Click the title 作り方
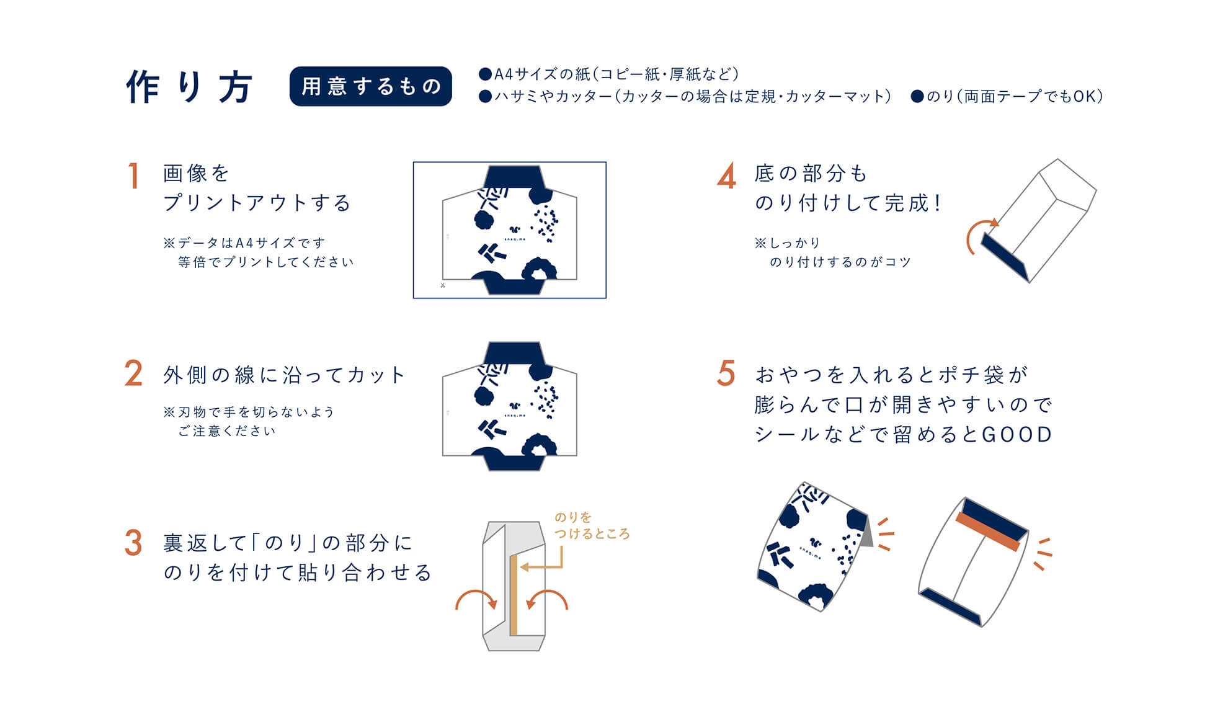pyautogui.click(x=189, y=87)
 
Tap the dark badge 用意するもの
pyautogui.click(x=370, y=86)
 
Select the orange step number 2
pyautogui.click(x=133, y=374)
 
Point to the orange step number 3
pyautogui.click(x=133, y=543)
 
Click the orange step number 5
pyautogui.click(x=726, y=374)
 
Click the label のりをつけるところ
pyautogui.click(x=591, y=525)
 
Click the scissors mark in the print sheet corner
pyautogui.click(x=443, y=285)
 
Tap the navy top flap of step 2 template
pyautogui.click(x=514, y=353)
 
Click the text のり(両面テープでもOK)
pyautogui.click(x=1007, y=96)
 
